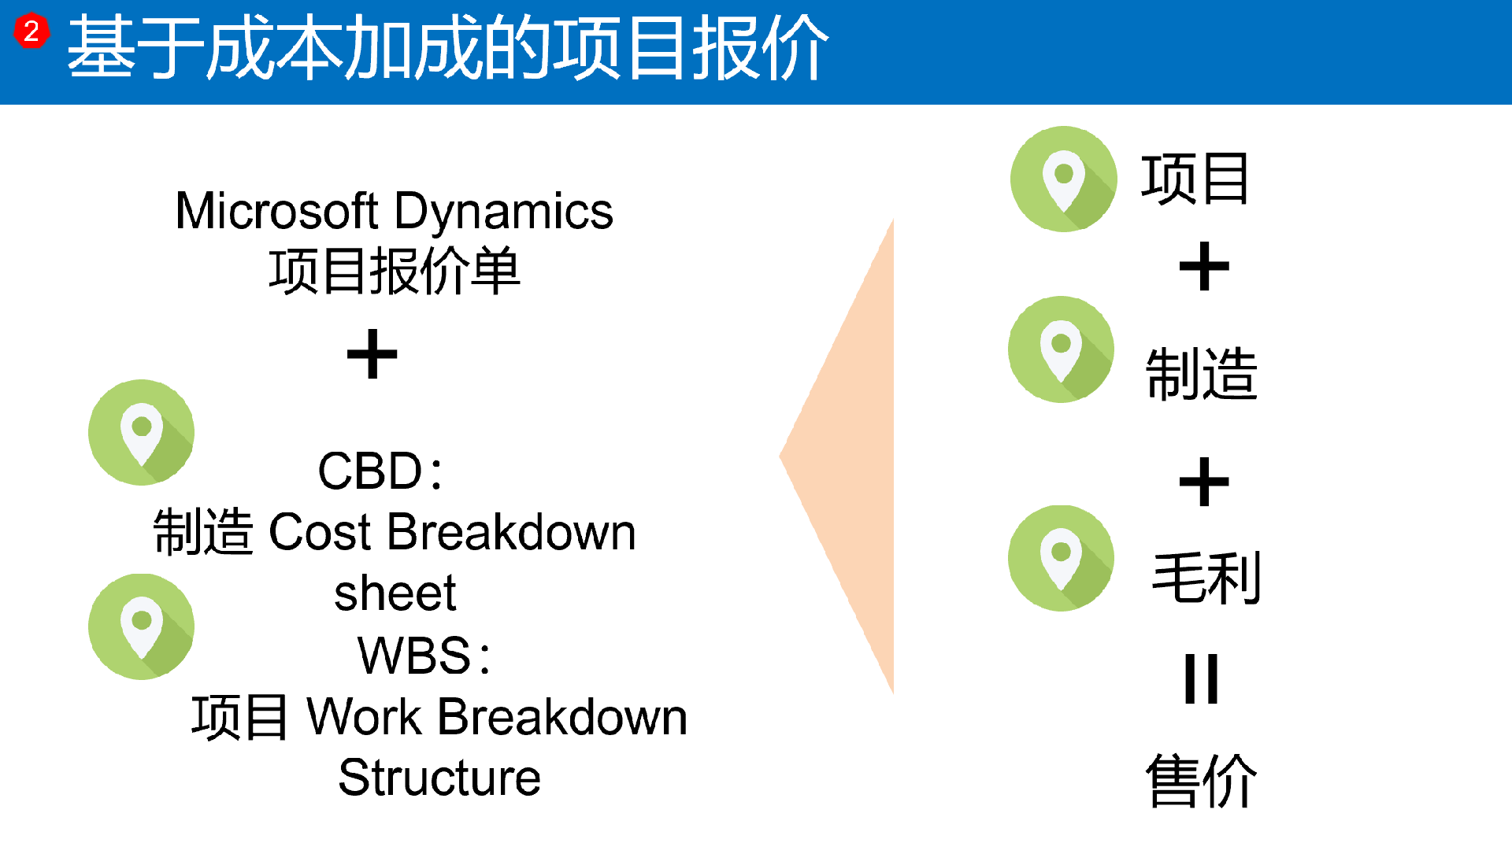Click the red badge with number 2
pos(31,31)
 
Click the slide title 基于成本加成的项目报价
pos(447,49)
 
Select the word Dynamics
pos(504,213)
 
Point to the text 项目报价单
pos(395,271)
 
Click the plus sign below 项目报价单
pos(372,354)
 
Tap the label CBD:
pos(380,471)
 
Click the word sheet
pos(395,593)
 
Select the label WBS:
pos(424,655)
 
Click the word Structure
pos(439,778)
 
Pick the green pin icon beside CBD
pos(142,432)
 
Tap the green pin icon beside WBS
pos(142,626)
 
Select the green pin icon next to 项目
pos(1064,179)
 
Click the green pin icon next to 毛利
pos(1062,558)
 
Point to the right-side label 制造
pos(1202,375)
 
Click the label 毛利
pos(1206,578)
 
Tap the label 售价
pos(1202,780)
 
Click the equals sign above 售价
pos(1202,678)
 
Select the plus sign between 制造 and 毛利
pos(1204,482)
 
